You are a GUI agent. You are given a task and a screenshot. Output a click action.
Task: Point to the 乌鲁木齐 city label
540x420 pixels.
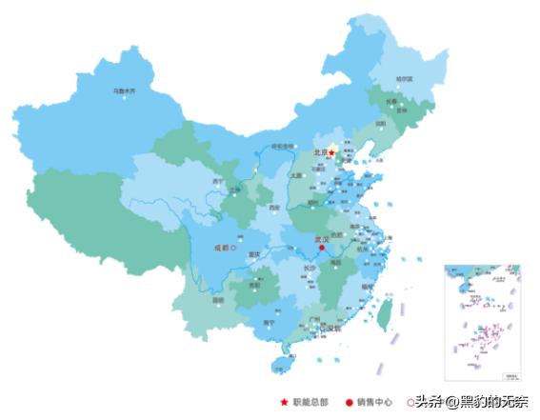tap(124, 91)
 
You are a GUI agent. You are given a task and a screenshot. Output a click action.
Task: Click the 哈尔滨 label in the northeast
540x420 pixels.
tap(404, 79)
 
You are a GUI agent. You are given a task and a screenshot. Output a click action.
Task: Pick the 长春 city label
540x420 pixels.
tap(391, 101)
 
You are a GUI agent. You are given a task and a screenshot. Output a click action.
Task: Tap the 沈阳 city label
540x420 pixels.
tap(381, 123)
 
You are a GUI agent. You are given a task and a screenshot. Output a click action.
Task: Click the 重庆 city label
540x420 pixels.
tap(253, 255)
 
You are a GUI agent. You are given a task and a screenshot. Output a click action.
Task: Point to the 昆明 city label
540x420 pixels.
tap(219, 300)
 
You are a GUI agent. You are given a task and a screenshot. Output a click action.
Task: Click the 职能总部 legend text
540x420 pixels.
tap(310, 403)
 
